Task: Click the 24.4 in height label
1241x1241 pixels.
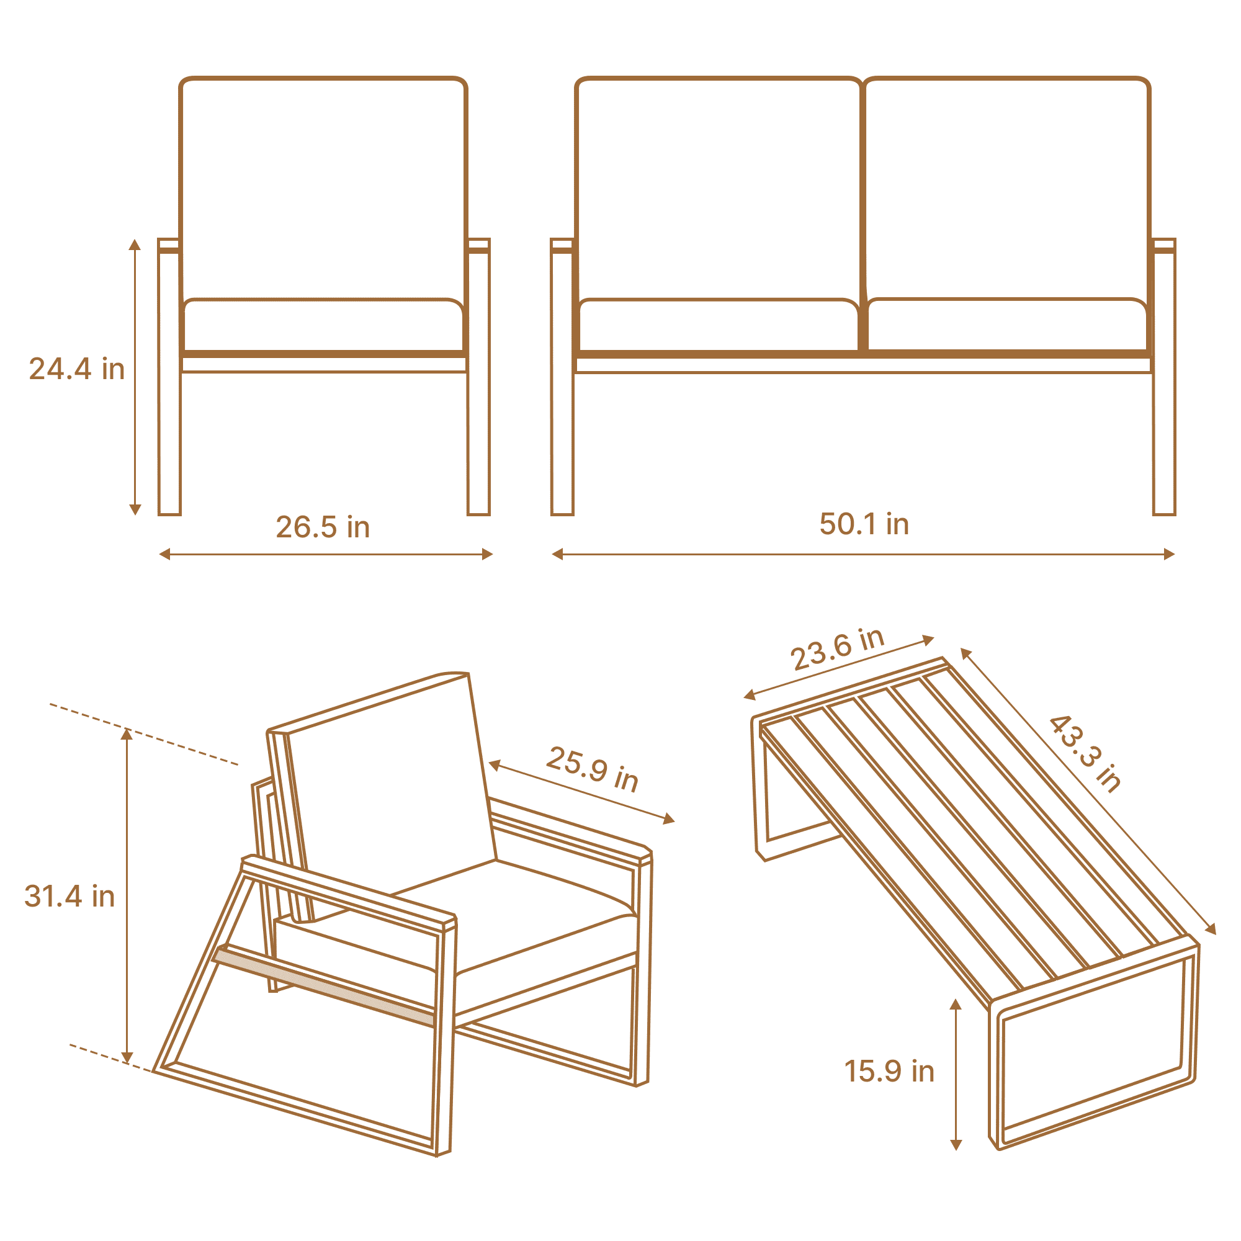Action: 76,369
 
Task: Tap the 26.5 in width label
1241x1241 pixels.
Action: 323,527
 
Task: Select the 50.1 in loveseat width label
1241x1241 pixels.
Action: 864,524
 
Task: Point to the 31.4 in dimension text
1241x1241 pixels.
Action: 69,896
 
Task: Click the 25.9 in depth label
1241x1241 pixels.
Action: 592,769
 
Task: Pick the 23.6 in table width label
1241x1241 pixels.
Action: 838,649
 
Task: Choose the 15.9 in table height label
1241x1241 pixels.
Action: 889,1072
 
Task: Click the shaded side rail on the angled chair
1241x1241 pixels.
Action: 325,986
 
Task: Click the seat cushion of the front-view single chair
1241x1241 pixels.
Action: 324,325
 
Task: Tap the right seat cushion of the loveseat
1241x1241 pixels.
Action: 1007,325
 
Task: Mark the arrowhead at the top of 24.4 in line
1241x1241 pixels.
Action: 135,244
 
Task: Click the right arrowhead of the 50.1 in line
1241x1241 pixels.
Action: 1169,554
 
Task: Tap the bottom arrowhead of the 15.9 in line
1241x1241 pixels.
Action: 956,1145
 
